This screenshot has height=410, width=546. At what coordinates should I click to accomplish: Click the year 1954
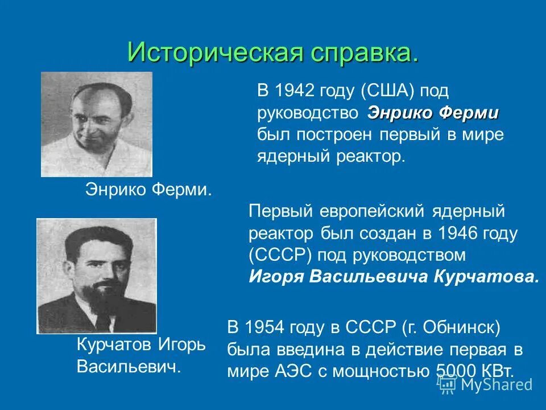point(264,329)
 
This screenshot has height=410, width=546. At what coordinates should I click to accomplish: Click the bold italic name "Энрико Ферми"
point(433,113)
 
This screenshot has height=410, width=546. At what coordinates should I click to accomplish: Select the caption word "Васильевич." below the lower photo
point(129,367)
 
